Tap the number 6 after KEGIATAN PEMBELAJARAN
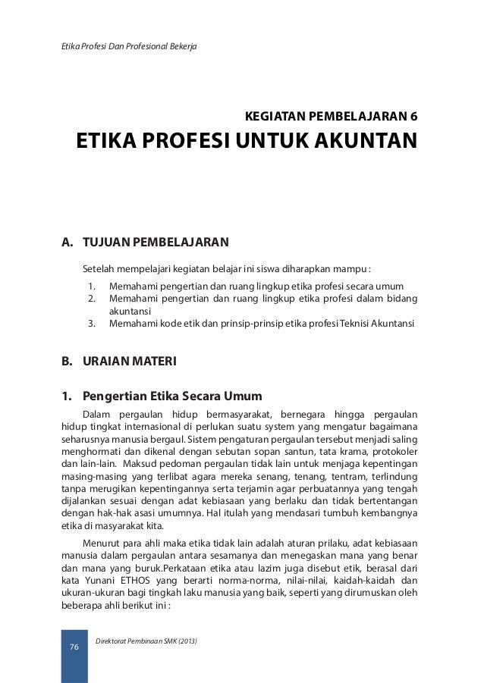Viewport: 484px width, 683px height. click(413, 117)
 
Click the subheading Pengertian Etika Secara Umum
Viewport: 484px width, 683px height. click(172, 396)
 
